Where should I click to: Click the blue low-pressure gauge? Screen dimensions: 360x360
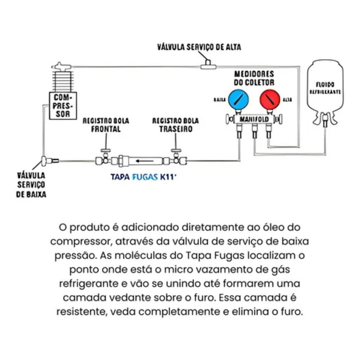(238, 99)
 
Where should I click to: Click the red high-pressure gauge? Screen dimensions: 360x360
(269, 99)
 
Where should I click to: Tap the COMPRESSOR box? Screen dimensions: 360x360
(63, 105)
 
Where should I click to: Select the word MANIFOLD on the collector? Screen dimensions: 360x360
(254, 120)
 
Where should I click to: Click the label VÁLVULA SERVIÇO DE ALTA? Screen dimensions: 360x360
(199, 47)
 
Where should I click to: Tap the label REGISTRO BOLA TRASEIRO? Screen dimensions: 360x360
(175, 125)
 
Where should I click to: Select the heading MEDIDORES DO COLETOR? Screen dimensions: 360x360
(254, 78)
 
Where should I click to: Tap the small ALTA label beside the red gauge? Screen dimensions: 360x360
(287, 100)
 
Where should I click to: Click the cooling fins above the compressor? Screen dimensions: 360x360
(63, 81)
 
